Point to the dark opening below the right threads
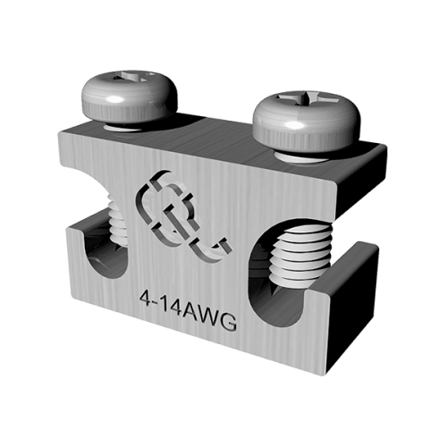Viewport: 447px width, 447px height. [x=286, y=308]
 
